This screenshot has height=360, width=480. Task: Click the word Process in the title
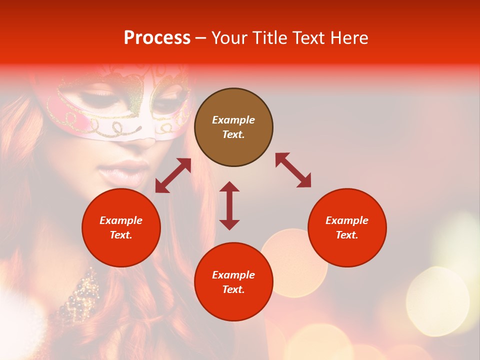(x=157, y=38)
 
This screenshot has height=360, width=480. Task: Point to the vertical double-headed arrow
(x=229, y=205)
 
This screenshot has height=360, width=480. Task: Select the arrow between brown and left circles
(x=173, y=175)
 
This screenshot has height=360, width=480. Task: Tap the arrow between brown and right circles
(x=293, y=170)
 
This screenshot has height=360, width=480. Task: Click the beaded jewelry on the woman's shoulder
(x=80, y=295)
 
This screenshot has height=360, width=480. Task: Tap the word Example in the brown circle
(x=233, y=120)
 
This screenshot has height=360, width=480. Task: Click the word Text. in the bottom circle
(x=233, y=289)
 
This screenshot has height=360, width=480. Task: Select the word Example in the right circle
(x=347, y=220)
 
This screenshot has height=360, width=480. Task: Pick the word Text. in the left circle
(x=121, y=235)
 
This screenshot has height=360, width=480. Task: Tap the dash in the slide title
(x=201, y=38)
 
